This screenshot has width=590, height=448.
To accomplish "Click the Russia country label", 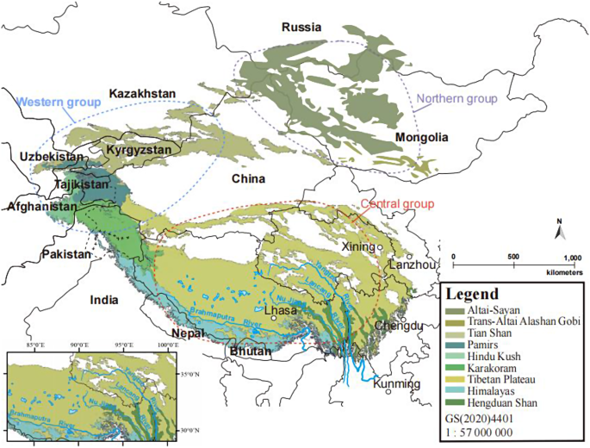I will pos(301,28).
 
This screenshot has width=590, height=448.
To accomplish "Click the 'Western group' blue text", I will pos(59,102).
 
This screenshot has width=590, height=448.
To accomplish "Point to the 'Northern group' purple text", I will pos(457,99).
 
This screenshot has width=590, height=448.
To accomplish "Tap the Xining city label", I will pos(360,246).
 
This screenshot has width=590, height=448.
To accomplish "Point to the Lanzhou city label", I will pos(412,265).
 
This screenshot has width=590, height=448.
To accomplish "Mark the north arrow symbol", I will pos(559,230).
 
